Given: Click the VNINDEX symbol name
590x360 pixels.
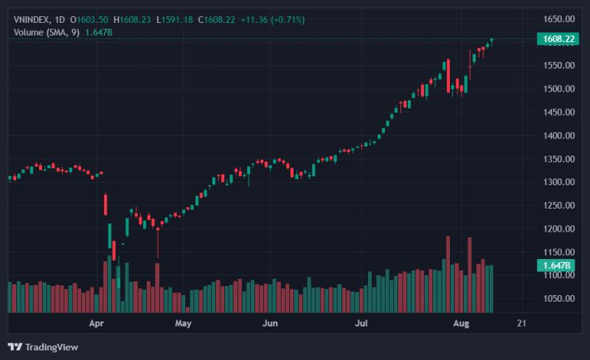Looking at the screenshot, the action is [x=32, y=20].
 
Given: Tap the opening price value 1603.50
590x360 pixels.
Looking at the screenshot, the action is [x=93, y=20].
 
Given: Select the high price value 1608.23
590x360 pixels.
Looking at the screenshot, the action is [x=136, y=20].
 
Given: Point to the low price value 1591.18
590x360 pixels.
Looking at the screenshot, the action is [x=177, y=20].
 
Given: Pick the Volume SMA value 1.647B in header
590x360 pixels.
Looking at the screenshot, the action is [x=99, y=32].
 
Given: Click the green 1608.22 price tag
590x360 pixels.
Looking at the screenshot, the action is [x=558, y=39].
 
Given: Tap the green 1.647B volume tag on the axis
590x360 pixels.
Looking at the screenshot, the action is [x=556, y=266].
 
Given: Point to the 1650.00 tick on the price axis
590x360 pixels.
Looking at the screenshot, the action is [x=559, y=19].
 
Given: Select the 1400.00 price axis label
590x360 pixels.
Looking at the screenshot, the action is [x=559, y=136].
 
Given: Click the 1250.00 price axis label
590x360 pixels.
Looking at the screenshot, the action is [x=559, y=206].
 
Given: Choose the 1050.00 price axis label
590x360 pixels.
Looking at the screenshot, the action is [x=559, y=299].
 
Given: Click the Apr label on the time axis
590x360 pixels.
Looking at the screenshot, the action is [x=97, y=323].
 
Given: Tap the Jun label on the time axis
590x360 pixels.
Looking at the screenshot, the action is [x=270, y=323].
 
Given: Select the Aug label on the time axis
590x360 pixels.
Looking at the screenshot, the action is [x=462, y=323].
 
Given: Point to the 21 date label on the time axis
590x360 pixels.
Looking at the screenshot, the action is [x=521, y=323].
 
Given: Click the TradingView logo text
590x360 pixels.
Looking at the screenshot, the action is [x=52, y=347].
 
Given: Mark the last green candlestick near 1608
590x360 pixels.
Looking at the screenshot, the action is [x=491, y=41].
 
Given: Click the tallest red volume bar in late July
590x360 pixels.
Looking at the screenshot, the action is [x=448, y=274].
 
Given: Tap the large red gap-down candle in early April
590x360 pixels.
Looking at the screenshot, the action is [x=105, y=204].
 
